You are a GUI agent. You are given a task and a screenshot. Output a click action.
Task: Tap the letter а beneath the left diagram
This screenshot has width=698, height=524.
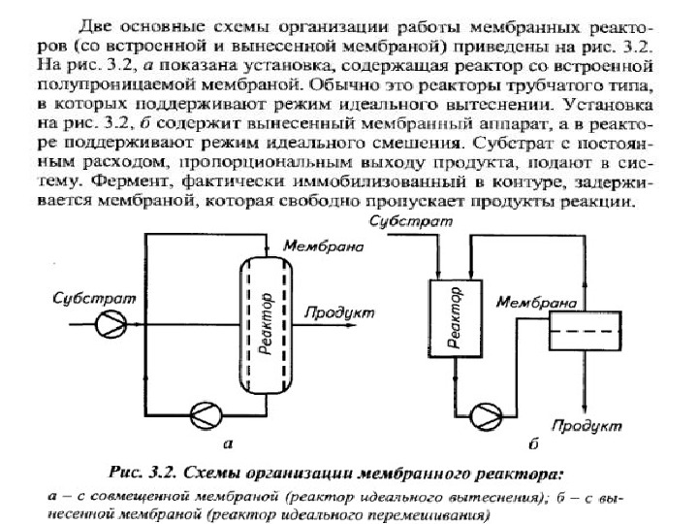pos(229,444)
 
